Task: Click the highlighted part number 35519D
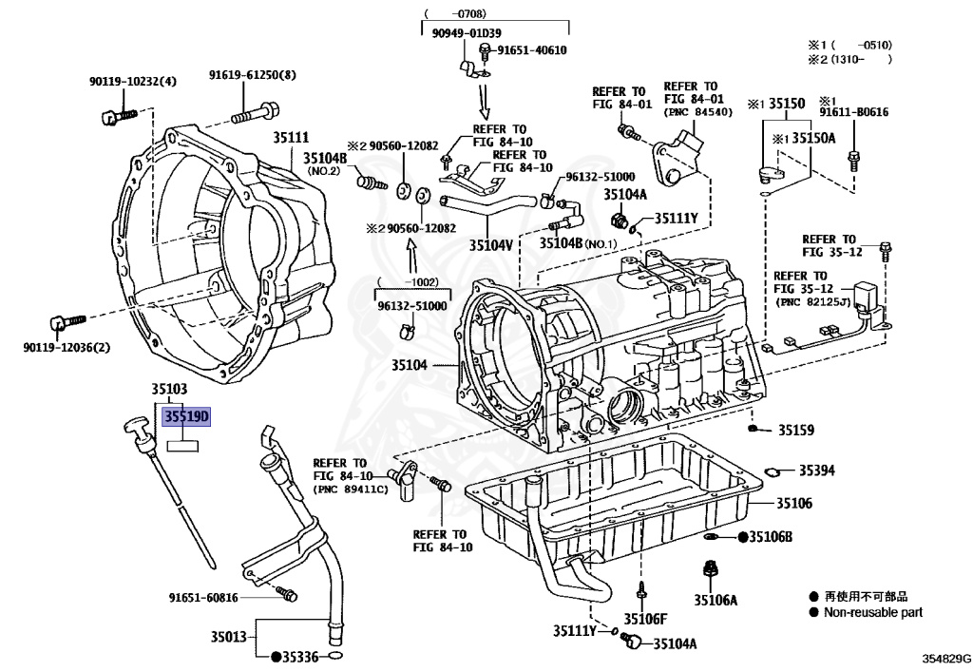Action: [186, 416]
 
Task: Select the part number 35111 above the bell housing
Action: [291, 137]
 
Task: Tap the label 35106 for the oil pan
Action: [794, 503]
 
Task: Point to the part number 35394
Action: [816, 470]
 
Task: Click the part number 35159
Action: [796, 430]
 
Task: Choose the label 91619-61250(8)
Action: [252, 75]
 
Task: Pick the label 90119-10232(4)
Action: [133, 82]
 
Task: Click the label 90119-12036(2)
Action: [67, 348]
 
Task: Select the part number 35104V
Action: [491, 245]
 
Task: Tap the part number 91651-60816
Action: [203, 598]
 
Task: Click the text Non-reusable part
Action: [873, 612]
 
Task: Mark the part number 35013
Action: [228, 637]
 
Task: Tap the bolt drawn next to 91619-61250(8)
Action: [255, 113]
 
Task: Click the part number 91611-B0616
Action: [854, 112]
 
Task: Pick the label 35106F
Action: [645, 619]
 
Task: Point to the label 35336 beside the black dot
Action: [300, 657]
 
